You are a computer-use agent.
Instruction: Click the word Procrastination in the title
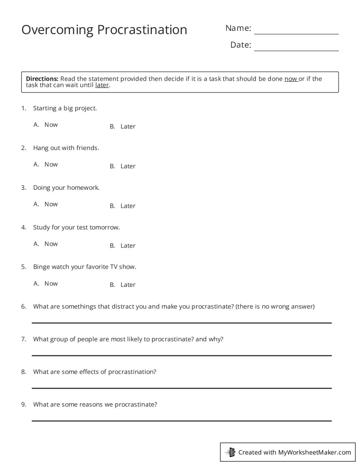coord(142,30)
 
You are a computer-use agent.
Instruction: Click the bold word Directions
coord(42,79)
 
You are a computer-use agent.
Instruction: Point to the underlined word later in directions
coord(102,85)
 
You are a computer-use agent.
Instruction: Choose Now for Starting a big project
coord(51,125)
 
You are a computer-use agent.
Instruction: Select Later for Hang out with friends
coord(128,166)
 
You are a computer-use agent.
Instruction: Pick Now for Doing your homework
coord(51,204)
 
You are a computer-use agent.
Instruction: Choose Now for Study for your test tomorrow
coord(51,244)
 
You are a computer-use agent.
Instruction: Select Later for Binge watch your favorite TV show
coord(128,285)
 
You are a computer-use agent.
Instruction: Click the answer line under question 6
coord(181,323)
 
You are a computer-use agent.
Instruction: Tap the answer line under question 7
coord(181,355)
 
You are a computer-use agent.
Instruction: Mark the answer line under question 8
coord(181,388)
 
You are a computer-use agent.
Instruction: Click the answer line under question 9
coord(181,421)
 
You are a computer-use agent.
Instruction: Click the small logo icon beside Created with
coord(230,452)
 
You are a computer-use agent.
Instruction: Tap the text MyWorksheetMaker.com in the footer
coord(315,452)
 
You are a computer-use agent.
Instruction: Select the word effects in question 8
coord(90,372)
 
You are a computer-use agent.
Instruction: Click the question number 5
coord(23,267)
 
